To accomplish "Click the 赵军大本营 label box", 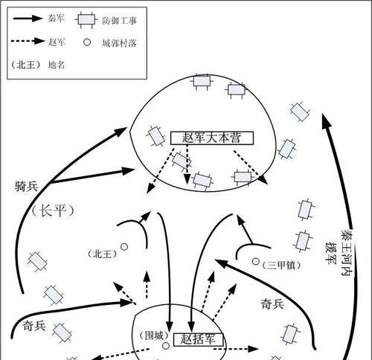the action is (x=212, y=138).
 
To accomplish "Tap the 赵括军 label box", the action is (x=198, y=339).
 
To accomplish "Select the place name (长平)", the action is (x=53, y=211).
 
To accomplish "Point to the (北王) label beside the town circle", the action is (x=103, y=254).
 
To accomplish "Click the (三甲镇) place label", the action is (x=281, y=266).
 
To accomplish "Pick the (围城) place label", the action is (x=154, y=336).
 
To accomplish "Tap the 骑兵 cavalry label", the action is (x=26, y=186).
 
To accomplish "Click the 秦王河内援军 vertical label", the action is (x=339, y=253).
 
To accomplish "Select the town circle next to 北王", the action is (x=124, y=247).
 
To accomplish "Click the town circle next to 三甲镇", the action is (x=256, y=261).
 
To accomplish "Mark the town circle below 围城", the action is (x=166, y=346).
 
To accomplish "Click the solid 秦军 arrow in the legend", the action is (x=28, y=19).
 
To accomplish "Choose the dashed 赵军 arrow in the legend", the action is (x=28, y=41).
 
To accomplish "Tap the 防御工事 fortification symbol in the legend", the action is (x=86, y=20).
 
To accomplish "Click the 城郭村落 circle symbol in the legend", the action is (x=87, y=42).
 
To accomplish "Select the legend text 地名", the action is (x=57, y=65).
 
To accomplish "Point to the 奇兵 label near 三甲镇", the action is (x=272, y=304).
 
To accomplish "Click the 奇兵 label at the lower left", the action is (x=34, y=326).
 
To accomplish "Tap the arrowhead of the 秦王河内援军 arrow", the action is (x=326, y=120).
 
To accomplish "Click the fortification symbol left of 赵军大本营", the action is (x=155, y=135).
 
